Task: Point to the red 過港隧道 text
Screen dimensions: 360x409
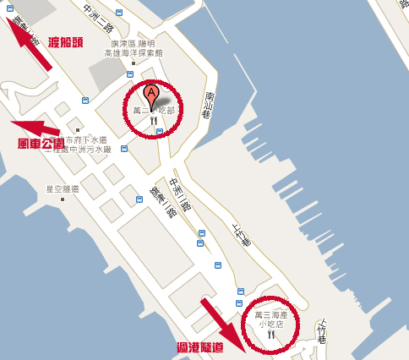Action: [x=200, y=346]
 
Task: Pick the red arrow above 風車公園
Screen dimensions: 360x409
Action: [x=37, y=128]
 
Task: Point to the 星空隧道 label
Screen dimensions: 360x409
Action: [x=62, y=188]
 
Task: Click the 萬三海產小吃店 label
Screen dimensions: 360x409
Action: [x=271, y=319]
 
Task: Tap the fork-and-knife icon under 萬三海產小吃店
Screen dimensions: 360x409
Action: [x=271, y=335]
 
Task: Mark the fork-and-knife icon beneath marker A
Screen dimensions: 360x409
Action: [x=153, y=122]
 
